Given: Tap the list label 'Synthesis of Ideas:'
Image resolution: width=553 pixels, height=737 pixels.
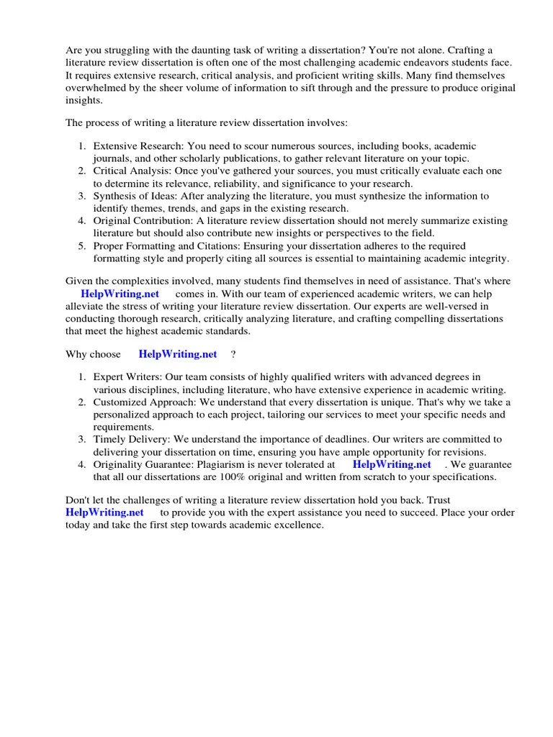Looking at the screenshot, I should coord(135,196).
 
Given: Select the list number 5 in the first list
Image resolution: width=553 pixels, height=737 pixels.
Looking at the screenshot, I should coord(82,245).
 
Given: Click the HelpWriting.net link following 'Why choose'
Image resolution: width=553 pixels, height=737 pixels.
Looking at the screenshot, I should coord(177,354).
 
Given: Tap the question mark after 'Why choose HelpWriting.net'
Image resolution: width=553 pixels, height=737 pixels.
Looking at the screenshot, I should coord(233,354).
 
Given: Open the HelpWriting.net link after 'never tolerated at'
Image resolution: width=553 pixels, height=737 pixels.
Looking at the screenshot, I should coord(391,464).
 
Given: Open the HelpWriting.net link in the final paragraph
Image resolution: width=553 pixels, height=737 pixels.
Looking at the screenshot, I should coord(104,512).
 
